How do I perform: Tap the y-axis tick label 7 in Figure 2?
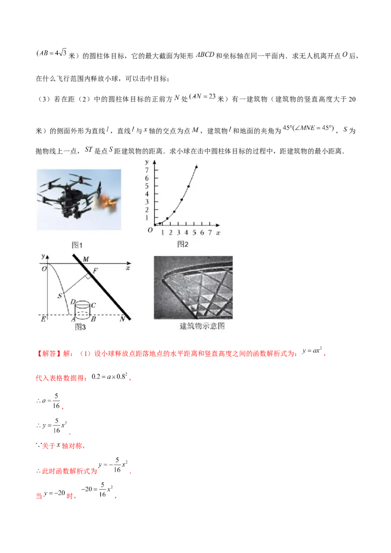(x=147, y=170)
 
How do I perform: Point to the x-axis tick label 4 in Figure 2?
(x=186, y=233)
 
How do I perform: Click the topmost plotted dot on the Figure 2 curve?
(x=196, y=167)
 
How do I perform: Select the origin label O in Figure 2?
(x=151, y=230)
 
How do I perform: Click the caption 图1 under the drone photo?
(x=77, y=245)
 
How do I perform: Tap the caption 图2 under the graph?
(x=183, y=244)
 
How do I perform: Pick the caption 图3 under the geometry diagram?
(x=80, y=327)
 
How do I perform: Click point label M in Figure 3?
(x=86, y=259)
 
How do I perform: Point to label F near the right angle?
(x=95, y=271)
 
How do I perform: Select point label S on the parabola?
(x=60, y=296)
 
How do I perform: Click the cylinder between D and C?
(x=83, y=309)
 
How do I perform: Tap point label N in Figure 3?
(x=122, y=319)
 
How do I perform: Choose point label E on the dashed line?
(x=43, y=319)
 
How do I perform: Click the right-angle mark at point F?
(x=87, y=277)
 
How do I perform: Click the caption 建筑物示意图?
(x=202, y=326)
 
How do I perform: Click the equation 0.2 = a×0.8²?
(x=109, y=376)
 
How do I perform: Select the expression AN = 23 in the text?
(x=204, y=96)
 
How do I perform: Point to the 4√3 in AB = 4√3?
(x=61, y=53)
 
